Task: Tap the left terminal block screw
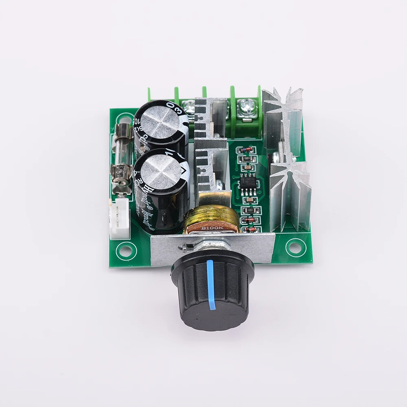click(x=189, y=108)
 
